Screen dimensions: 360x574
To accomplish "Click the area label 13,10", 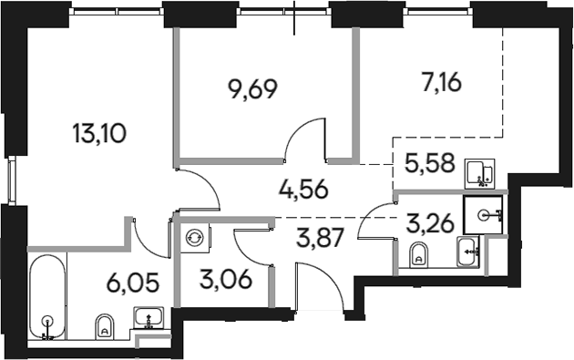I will point(98,135).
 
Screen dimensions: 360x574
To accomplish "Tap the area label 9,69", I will point(251,89).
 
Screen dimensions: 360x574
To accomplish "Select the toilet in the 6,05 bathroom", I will point(106,323).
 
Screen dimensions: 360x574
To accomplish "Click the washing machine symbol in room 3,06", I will point(193,237).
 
